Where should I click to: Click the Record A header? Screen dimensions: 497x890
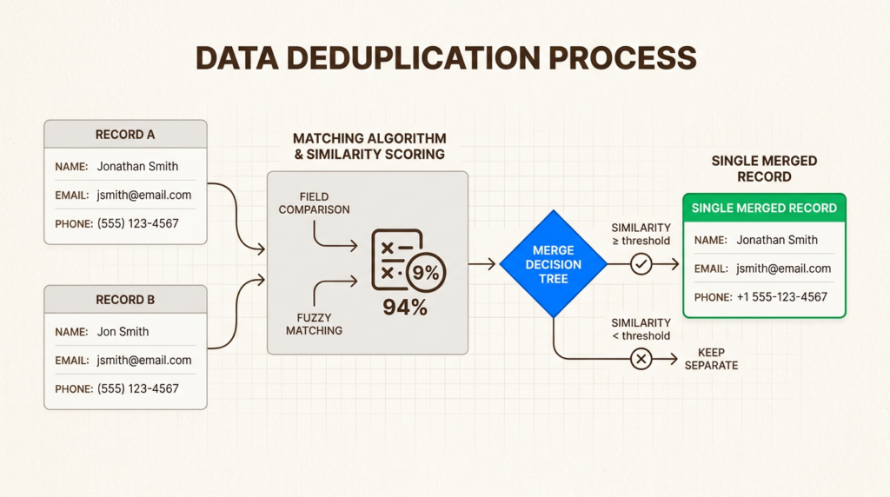tap(125, 135)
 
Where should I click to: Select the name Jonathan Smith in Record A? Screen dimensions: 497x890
tap(137, 166)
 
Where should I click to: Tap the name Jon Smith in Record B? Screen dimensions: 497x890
tap(123, 331)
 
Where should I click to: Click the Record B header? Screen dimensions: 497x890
tap(125, 300)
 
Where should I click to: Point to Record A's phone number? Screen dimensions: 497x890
tap(138, 223)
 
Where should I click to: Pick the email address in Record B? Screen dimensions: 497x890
tap(144, 360)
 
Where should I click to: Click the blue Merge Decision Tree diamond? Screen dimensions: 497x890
tap(553, 264)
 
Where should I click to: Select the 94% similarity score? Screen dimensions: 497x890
tap(405, 306)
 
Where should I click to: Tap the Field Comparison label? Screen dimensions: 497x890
tap(314, 203)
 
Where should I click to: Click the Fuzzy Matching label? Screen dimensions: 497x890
tap(314, 323)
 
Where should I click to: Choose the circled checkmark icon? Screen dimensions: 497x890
tap(641, 263)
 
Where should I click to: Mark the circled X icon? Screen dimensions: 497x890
tap(641, 358)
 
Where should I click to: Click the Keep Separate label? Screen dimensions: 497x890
tap(711, 359)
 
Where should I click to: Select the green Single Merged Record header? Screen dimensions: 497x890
tap(764, 209)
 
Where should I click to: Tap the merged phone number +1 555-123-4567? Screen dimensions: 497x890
tap(781, 296)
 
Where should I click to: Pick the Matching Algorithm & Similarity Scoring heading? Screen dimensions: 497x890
tap(369, 146)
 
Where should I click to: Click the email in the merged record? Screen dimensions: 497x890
tap(783, 268)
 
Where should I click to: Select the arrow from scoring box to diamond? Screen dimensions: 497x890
tap(483, 263)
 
